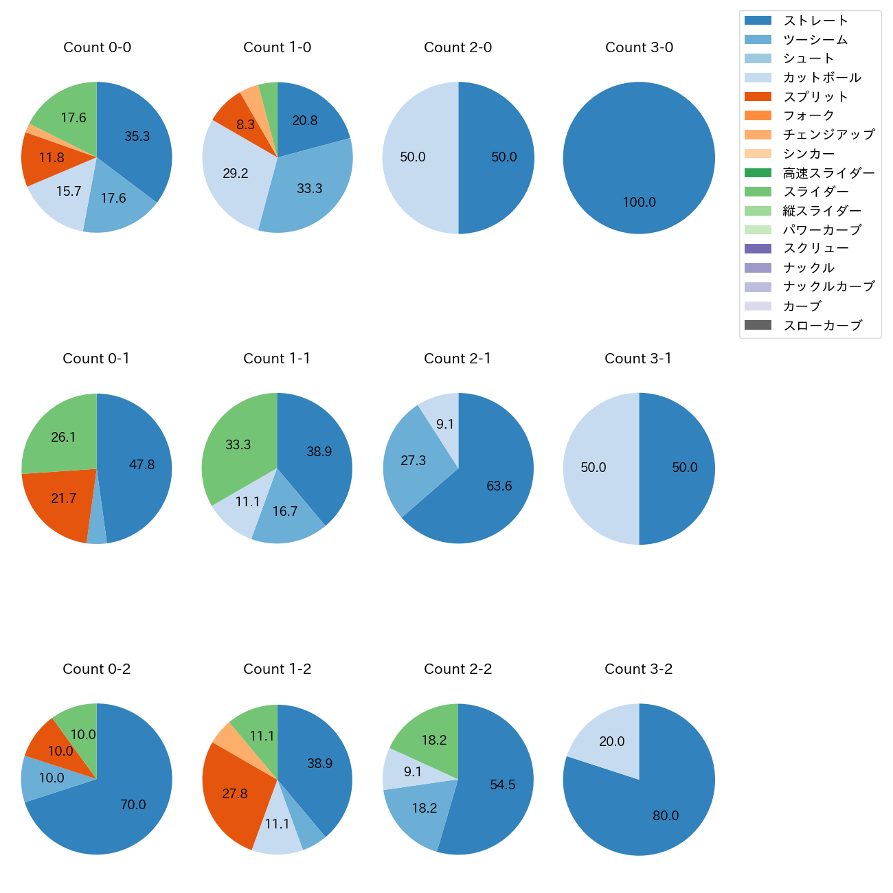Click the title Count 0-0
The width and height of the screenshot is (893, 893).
tap(97, 47)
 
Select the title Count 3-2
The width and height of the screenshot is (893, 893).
tap(638, 669)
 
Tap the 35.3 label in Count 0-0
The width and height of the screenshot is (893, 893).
tap(137, 137)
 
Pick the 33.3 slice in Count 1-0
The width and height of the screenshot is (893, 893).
tap(309, 189)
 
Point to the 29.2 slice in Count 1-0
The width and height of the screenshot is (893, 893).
tap(236, 174)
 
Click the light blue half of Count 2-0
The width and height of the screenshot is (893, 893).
tap(413, 157)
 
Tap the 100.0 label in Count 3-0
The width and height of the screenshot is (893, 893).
tap(639, 203)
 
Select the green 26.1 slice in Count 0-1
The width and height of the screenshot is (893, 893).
tap(63, 437)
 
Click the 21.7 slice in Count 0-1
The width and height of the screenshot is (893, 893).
tap(63, 499)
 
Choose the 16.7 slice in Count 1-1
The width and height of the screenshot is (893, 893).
tap(285, 512)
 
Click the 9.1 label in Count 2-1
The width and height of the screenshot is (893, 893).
tap(445, 425)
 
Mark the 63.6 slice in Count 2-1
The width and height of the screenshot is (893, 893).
tap(499, 486)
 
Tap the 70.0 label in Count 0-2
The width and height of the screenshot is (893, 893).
tap(133, 805)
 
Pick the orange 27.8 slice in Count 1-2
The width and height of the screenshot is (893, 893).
tap(234, 794)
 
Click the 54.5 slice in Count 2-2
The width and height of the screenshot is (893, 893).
tap(503, 785)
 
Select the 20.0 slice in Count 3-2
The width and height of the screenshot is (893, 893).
tap(611, 742)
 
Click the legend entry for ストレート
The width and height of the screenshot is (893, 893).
tap(815, 21)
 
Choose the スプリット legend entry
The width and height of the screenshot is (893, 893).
tap(815, 97)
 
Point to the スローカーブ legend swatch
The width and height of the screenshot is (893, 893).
tap(758, 326)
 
